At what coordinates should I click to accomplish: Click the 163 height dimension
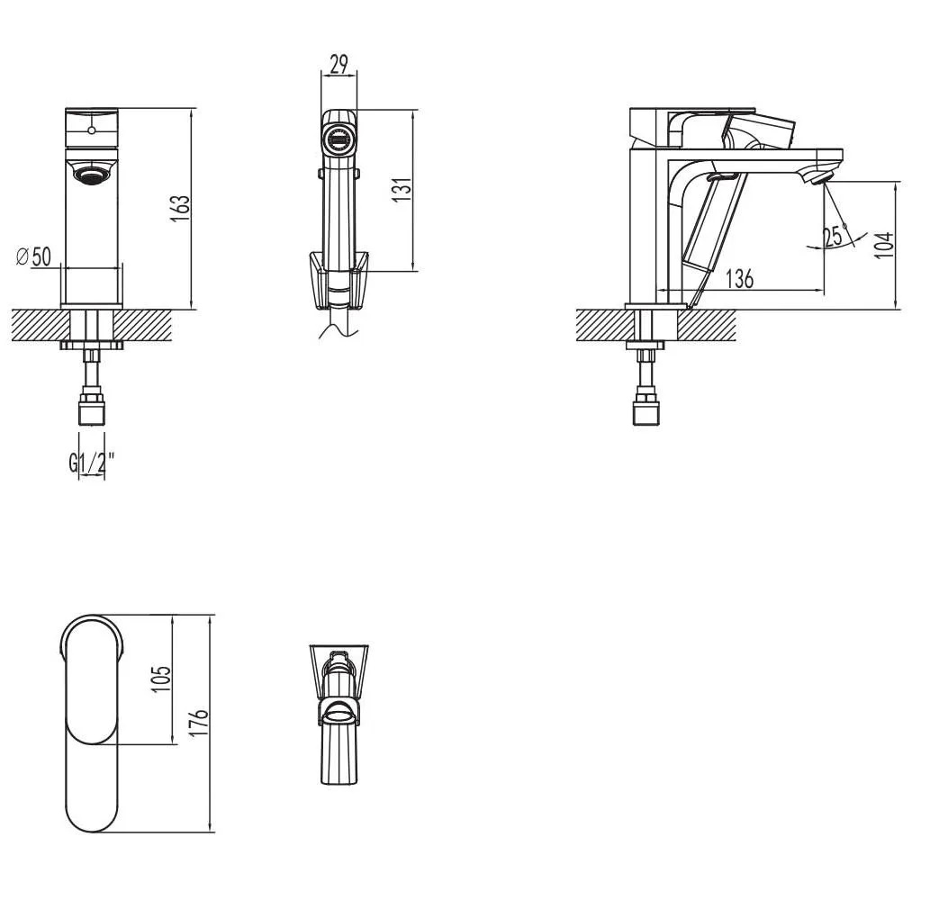(x=180, y=208)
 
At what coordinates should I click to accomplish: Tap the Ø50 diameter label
(x=34, y=256)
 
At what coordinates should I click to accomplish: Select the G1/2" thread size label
(x=91, y=463)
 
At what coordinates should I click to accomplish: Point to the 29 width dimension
(x=339, y=64)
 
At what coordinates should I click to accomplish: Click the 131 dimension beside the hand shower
(x=402, y=189)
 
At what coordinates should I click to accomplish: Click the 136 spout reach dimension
(x=740, y=278)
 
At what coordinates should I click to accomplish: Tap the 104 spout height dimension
(x=884, y=244)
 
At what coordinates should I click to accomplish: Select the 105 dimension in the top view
(x=161, y=679)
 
